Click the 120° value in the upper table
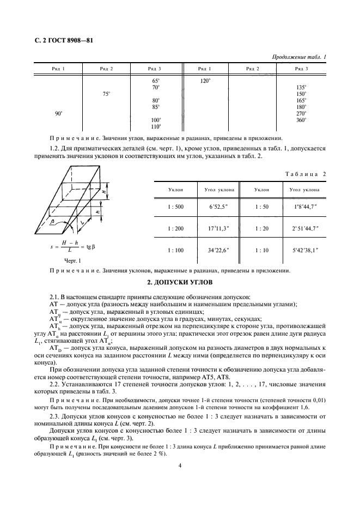[x=205, y=80]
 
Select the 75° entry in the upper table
[x=106, y=94]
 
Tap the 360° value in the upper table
[x=301, y=120]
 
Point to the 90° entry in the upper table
[x=59, y=113]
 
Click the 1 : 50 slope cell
[x=266, y=207]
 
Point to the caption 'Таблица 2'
[x=306, y=173]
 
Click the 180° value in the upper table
[x=301, y=107]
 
